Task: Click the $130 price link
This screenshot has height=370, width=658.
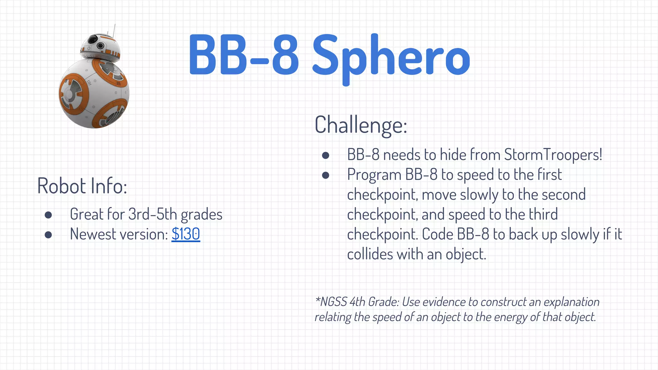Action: (x=186, y=234)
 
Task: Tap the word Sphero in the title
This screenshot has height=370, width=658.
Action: (x=391, y=58)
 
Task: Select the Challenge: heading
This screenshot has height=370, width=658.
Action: (x=361, y=125)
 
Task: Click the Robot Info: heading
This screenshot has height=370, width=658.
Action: (x=82, y=186)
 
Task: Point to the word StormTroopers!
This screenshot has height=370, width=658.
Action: (x=553, y=155)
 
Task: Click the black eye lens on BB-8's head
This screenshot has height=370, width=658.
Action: (x=92, y=40)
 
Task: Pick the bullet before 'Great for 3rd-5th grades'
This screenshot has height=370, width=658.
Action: (x=49, y=215)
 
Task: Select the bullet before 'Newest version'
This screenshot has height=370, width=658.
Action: (x=49, y=235)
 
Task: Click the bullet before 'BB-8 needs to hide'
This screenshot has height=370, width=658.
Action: (x=325, y=155)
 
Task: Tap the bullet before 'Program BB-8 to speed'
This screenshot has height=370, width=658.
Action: (x=325, y=175)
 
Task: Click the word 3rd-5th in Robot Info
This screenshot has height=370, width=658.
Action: (x=152, y=214)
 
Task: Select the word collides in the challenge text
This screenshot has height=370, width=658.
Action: (x=370, y=254)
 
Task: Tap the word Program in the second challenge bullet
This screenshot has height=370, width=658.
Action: (x=374, y=175)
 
